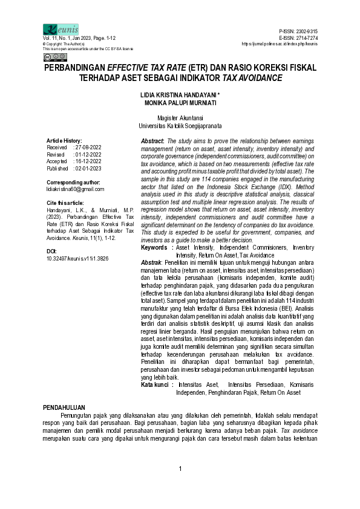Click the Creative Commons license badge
[54, 57]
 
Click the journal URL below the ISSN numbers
[279, 44]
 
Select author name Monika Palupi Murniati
[180, 103]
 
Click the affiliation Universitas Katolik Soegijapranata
[180, 126]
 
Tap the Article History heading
[64, 140]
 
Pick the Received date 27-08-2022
[88, 147]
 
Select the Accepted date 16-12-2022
[88, 162]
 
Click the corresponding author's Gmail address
[76, 189]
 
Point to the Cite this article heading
[65, 203]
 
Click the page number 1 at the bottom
[180, 470]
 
